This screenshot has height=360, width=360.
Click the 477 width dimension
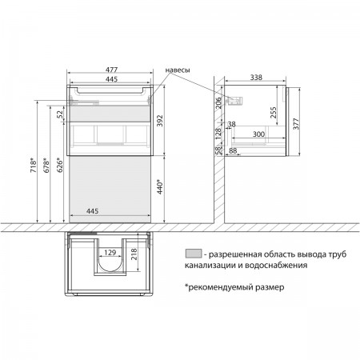coord(111,70)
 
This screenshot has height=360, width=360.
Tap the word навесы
coord(178,70)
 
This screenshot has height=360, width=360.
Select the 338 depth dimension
coord(256,78)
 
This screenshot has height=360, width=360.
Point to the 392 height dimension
coord(159,121)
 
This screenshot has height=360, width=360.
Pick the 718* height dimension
coord(34,166)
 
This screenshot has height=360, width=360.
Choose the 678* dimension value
coord(46,166)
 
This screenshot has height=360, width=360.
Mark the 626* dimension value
coord(60,166)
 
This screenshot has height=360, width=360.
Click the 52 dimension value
coord(61,114)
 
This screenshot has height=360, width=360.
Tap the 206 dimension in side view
coord(218,103)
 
